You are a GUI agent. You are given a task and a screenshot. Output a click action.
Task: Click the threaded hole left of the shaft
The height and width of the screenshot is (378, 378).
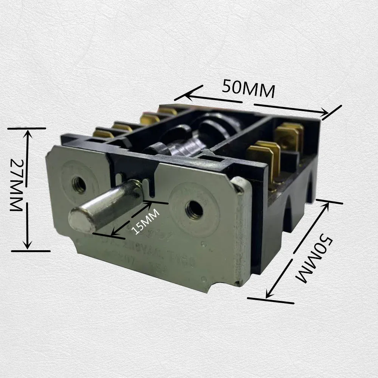pos(79,185)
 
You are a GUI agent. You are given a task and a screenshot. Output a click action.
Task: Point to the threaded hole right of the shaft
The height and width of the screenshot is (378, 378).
pos(194,209)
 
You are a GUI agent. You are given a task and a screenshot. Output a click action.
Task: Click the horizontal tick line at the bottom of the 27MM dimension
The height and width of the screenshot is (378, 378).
pos(30,251)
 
